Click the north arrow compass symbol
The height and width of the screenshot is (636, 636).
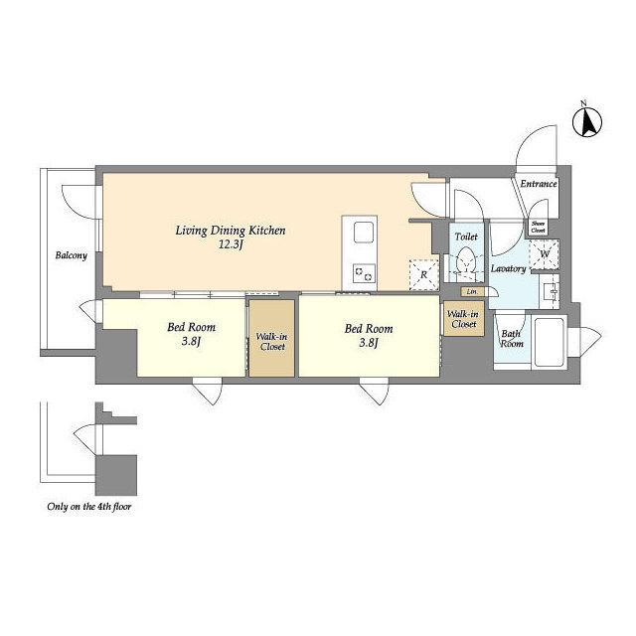tap(588, 122)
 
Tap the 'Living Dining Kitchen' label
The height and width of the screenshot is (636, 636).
tap(231, 231)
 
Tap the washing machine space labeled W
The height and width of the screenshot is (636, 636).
tap(546, 253)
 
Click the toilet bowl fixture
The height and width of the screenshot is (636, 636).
tap(465, 263)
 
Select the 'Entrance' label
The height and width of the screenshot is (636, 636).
tap(539, 184)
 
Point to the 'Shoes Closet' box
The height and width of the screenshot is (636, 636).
tap(539, 226)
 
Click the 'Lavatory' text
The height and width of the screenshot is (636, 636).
tap(508, 268)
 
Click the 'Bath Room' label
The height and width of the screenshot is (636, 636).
tap(511, 339)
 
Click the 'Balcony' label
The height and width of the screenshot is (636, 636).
tap(71, 255)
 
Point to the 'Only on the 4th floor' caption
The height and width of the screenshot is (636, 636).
tap(89, 507)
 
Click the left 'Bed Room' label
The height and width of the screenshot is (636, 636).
tap(190, 335)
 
